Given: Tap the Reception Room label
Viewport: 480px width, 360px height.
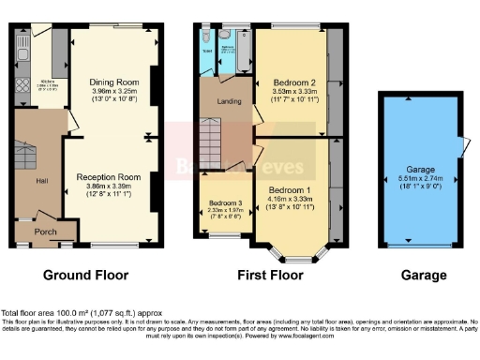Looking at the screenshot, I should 109,176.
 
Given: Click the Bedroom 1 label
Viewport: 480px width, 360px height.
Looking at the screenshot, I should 290,190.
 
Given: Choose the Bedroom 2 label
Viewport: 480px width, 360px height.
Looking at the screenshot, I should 293,82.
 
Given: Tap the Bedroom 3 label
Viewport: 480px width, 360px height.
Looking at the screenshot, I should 225,202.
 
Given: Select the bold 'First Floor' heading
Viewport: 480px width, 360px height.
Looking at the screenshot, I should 271,276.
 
